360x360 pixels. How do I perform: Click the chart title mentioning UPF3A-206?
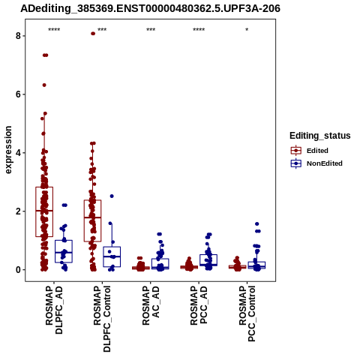point(150,8)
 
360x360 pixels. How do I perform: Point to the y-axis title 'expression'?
point(8,150)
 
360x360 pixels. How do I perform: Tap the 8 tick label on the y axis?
point(18,36)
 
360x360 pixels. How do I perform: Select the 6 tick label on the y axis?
point(18,94)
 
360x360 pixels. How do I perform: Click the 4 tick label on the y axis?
point(18,153)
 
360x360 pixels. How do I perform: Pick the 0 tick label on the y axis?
point(18,270)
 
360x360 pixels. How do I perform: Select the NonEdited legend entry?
point(316,163)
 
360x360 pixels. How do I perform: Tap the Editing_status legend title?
point(320,136)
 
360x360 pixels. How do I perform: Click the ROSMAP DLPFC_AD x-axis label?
point(54,310)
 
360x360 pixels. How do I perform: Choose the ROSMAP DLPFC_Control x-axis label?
point(102,319)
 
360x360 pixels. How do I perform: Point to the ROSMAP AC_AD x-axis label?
point(151,305)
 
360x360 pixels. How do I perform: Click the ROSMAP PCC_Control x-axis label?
point(247,313)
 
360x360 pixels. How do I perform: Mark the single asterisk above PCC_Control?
point(247,30)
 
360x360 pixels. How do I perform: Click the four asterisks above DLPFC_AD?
point(54,30)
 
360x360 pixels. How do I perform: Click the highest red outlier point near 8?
point(93,34)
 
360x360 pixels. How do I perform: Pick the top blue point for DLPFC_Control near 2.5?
point(112,196)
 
